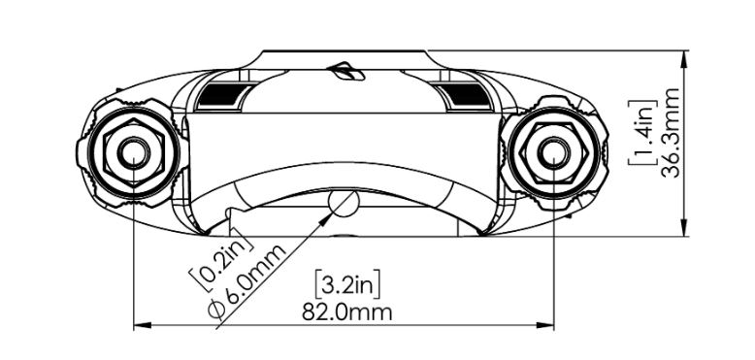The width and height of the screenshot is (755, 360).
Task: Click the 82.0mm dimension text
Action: [347, 311]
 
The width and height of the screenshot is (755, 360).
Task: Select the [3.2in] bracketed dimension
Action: [347, 285]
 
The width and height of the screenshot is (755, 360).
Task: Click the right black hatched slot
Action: [461, 94]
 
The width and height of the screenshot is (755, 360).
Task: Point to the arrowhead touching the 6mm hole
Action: [328, 217]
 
